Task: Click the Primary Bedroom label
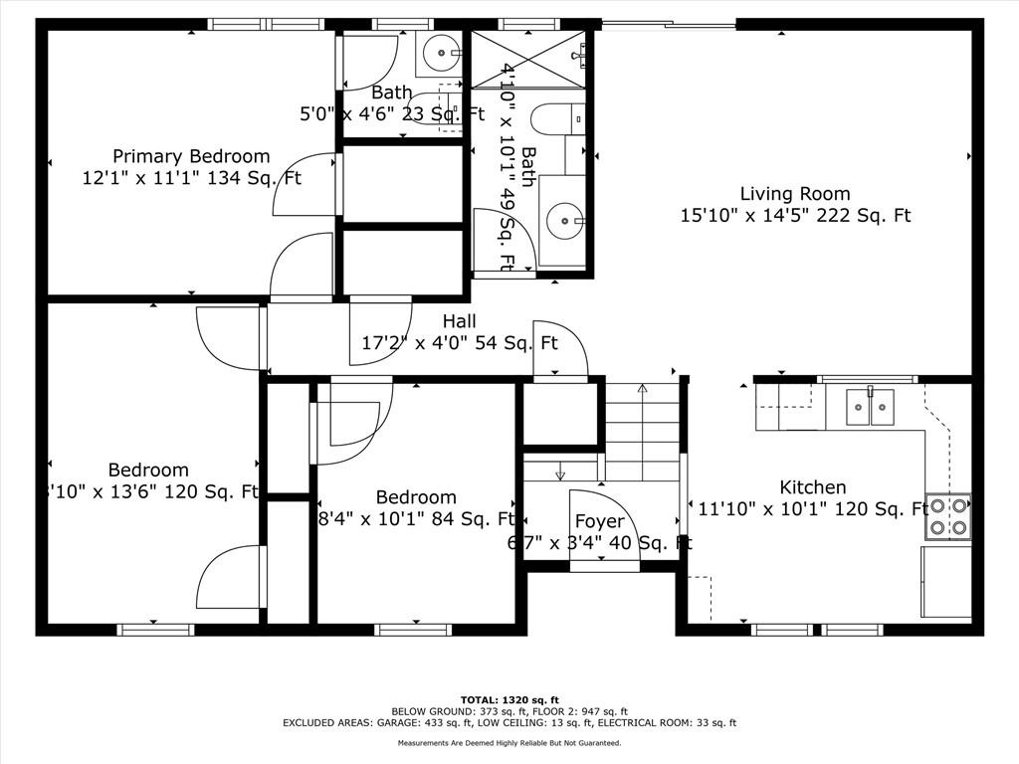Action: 190,156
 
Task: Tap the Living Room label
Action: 794,193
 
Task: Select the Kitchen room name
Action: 812,487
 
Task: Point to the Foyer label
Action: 600,521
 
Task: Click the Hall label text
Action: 459,321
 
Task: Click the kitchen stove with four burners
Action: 947,516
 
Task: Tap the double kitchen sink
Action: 870,407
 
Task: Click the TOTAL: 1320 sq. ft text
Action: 509,699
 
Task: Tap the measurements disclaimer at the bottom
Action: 509,743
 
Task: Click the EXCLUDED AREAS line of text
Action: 509,723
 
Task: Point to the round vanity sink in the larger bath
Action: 566,219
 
